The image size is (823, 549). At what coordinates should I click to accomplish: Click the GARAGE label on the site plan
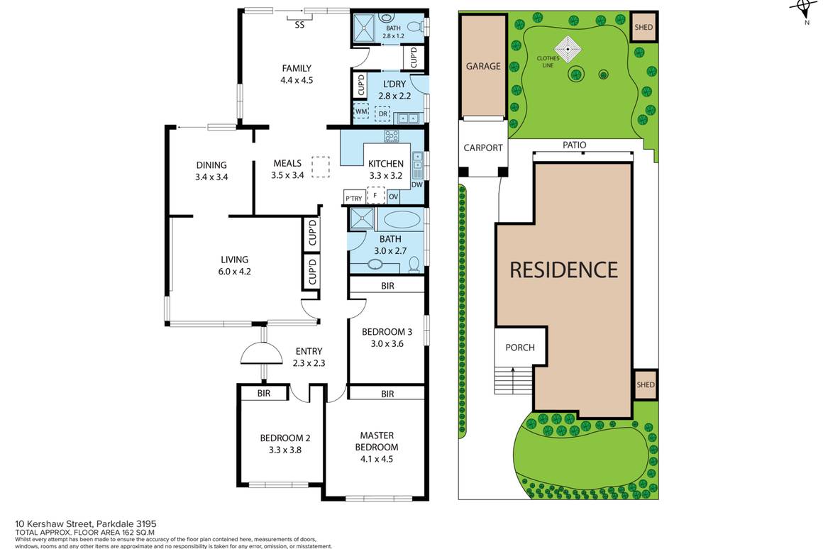(482, 66)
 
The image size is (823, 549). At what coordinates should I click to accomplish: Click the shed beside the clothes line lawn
(644, 28)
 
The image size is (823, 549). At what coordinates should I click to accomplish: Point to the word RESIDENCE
(563, 270)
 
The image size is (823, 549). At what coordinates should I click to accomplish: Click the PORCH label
(520, 348)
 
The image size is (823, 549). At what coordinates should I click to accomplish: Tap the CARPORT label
(482, 148)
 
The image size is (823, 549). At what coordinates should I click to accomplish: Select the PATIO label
(574, 145)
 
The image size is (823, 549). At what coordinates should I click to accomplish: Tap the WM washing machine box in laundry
(361, 112)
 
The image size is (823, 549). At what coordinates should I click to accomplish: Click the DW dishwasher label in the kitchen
(416, 184)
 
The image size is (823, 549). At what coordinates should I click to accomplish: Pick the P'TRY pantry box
(353, 196)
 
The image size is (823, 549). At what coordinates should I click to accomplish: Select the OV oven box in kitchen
(393, 196)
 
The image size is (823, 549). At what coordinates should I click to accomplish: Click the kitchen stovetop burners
(392, 135)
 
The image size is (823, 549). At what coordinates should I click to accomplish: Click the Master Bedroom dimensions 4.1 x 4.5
(376, 459)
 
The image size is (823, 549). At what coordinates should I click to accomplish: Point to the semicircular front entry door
(263, 353)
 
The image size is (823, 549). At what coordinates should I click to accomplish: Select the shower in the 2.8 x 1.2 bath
(364, 28)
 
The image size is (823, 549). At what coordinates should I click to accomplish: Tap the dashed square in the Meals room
(321, 166)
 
